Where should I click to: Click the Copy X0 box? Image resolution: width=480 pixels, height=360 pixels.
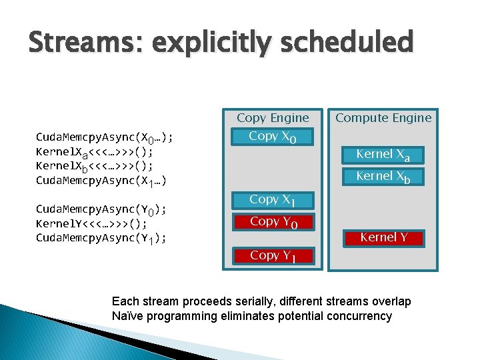pyautogui.click(x=273, y=137)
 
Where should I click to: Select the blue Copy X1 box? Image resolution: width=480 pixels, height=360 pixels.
pyautogui.click(x=273, y=200)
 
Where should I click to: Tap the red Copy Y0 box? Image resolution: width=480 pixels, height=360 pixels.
pyautogui.click(x=273, y=222)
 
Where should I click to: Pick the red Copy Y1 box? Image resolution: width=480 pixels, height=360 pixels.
pyautogui.click(x=273, y=255)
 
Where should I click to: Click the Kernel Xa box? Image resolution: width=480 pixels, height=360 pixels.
pyautogui.click(x=383, y=155)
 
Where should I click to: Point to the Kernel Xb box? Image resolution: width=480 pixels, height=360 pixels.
pyautogui.click(x=383, y=177)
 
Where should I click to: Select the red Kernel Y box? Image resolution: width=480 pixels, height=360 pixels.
pyautogui.click(x=384, y=238)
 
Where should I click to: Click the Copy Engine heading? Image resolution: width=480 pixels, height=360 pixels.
pyautogui.click(x=273, y=118)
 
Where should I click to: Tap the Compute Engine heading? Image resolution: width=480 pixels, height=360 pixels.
pyautogui.click(x=383, y=118)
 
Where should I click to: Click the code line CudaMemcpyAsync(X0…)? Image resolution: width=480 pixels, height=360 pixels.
pyautogui.click(x=104, y=138)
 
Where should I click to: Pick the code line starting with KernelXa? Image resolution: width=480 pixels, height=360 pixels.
pyautogui.click(x=94, y=152)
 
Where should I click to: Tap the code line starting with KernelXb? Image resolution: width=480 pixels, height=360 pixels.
pyautogui.click(x=94, y=167)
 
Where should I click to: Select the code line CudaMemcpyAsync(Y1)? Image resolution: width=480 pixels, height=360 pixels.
pyautogui.click(x=101, y=239)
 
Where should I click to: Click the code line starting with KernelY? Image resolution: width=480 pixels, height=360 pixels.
pyautogui.click(x=91, y=224)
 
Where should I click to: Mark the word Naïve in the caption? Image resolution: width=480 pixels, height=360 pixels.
pyautogui.click(x=127, y=315)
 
